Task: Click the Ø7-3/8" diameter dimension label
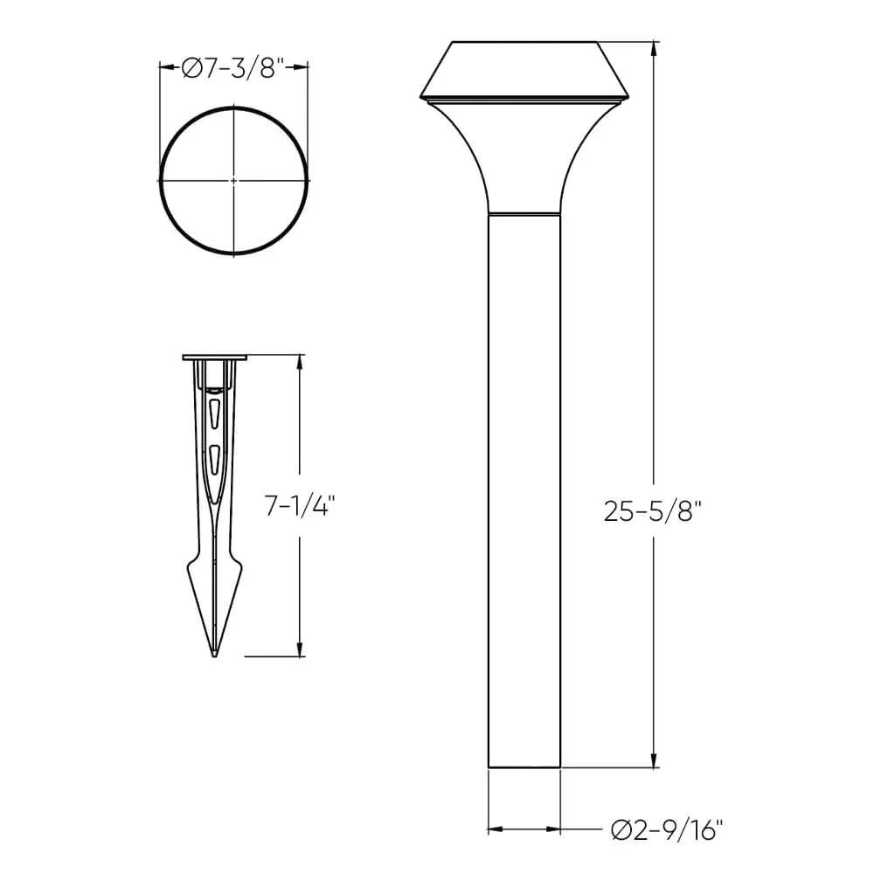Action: (x=233, y=68)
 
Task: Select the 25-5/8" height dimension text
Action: (x=652, y=510)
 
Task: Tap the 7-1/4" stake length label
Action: (x=299, y=507)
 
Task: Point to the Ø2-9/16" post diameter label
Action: (x=667, y=830)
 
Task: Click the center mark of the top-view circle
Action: (x=233, y=181)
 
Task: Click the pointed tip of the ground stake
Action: (x=215, y=656)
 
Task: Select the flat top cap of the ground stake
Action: (x=215, y=357)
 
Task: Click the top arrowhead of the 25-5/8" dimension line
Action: (x=655, y=50)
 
